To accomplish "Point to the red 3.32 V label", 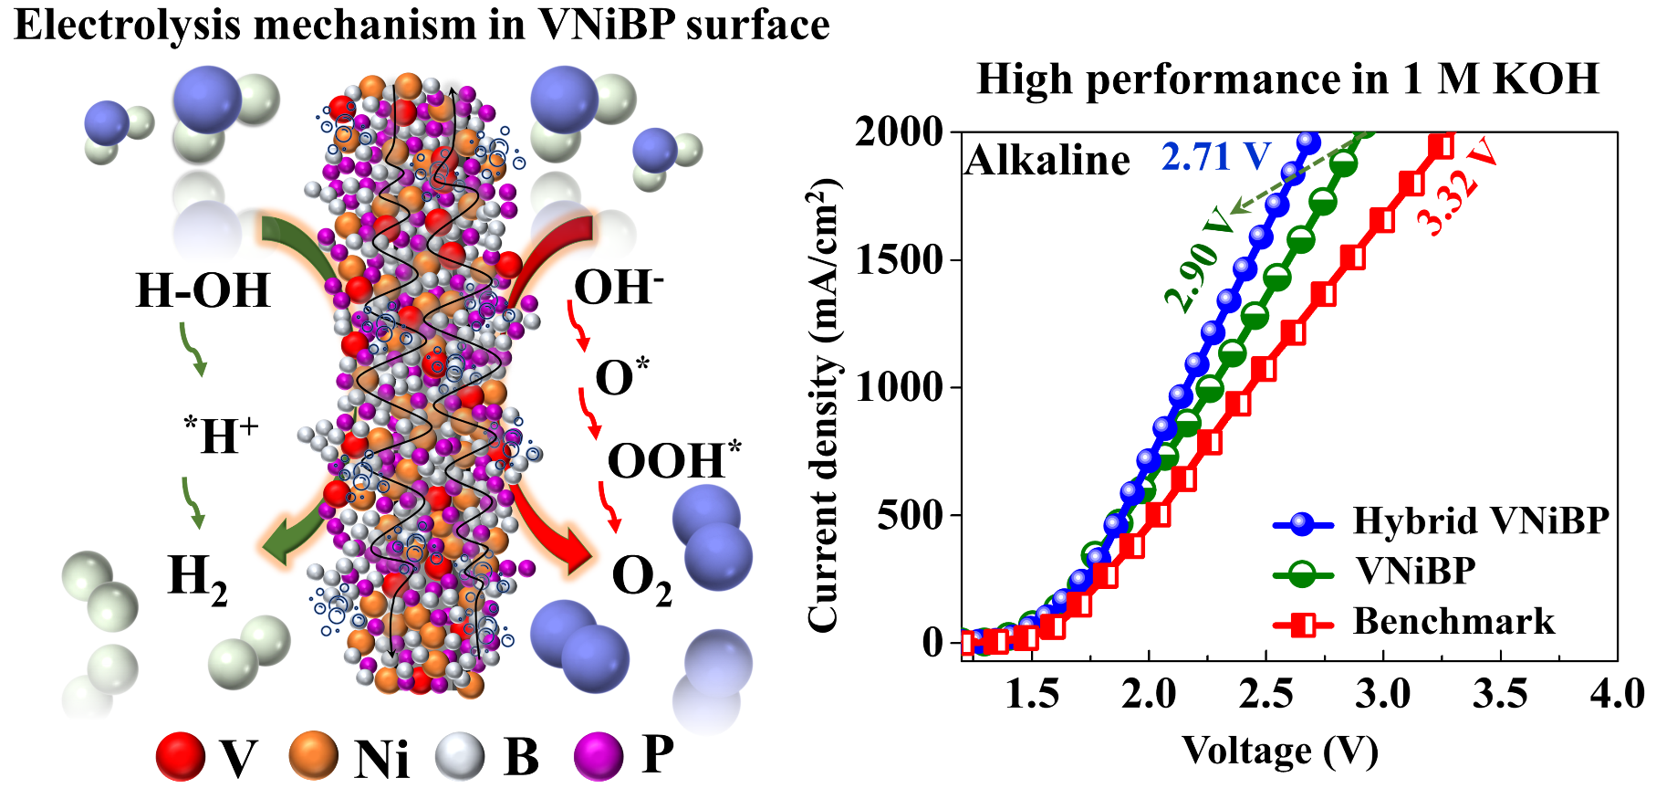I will [x=1457, y=187].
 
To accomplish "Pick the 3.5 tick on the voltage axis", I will [x=1500, y=694].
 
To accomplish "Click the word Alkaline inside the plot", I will [x=1047, y=161].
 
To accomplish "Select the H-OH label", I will [x=203, y=290].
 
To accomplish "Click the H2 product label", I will [x=197, y=578].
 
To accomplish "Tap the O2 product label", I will [x=641, y=580].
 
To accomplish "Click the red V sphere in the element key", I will [x=180, y=757].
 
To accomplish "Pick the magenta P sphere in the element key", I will [x=599, y=756].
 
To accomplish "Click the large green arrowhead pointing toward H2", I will [x=278, y=545].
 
